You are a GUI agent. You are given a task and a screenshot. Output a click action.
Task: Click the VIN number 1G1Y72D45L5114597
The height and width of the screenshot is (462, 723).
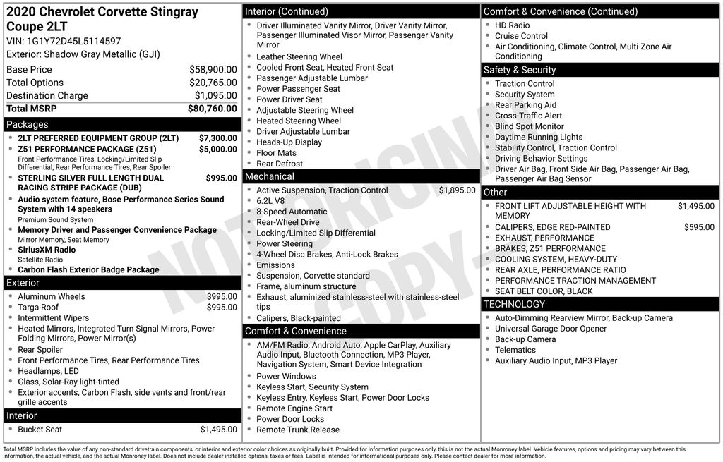pos(73,41)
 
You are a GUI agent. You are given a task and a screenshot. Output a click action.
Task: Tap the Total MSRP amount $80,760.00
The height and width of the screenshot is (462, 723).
pos(212,109)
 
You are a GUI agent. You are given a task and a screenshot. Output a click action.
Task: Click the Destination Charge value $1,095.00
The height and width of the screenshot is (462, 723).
pos(215,96)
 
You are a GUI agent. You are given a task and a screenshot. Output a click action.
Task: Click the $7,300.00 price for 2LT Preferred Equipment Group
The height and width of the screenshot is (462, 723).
pos(217,138)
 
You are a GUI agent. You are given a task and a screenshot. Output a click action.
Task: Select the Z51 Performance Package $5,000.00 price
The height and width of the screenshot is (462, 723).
pos(217,150)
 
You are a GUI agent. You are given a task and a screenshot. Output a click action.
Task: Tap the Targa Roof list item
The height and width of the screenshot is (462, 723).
pos(38,308)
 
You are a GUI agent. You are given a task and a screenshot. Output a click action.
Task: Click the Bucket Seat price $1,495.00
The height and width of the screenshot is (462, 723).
pos(218,430)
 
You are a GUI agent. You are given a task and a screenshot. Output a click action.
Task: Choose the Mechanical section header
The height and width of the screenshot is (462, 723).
pos(270,176)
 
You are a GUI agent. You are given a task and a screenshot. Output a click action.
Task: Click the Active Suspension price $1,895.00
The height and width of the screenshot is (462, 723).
pos(457,190)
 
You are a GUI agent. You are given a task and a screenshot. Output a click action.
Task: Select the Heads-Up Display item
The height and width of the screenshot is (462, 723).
pos(289,142)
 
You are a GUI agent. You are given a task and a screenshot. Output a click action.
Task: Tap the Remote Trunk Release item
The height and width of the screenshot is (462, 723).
pos(298,430)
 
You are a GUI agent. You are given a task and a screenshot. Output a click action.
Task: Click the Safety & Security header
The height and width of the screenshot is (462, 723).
pos(520,70)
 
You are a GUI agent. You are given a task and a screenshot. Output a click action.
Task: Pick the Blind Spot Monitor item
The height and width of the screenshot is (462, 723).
pos(530,126)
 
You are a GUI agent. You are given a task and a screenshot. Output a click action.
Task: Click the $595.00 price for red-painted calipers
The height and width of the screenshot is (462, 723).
pos(699,227)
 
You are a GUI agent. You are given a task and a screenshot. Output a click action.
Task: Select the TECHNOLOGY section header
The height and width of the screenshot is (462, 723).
pos(514,304)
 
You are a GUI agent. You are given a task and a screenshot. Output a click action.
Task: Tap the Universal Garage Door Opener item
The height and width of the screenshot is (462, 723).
pos(551,329)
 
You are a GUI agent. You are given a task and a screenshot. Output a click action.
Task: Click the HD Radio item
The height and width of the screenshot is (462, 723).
pos(512,25)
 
